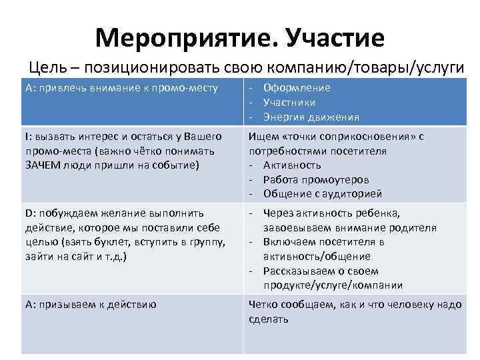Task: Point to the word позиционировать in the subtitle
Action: coord(150,67)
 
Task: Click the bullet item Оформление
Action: coord(297,87)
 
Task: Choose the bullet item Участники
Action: coord(289,102)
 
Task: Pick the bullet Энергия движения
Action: coord(311,117)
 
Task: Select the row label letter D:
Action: coord(28,213)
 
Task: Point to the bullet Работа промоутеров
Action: coord(316,179)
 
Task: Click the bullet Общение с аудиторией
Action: coord(323,194)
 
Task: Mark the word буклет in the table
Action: coord(107,241)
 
